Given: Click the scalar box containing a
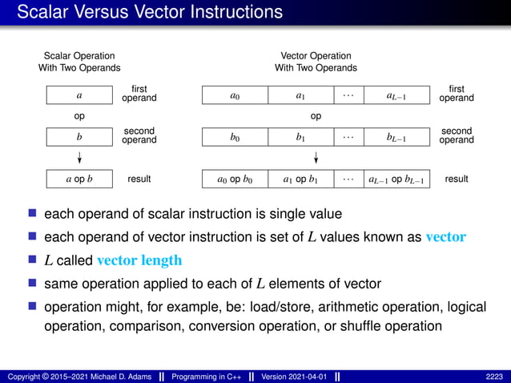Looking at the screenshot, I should (x=79, y=96).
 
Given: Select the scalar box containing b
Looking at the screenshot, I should (x=79, y=137).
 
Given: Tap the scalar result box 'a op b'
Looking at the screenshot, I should (x=79, y=179).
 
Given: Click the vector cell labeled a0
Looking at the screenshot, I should (x=234, y=96).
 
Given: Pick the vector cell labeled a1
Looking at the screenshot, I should (x=300, y=96).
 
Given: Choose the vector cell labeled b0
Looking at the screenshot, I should (x=234, y=137).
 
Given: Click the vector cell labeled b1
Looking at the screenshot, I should (x=300, y=137).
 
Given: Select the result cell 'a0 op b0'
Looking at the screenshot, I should (x=234, y=179).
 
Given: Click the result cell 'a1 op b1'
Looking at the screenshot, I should (x=300, y=179).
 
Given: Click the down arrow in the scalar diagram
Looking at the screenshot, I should (x=79, y=157).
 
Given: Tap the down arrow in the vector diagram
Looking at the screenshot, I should (x=316, y=157).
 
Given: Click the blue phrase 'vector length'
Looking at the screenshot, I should (x=139, y=260).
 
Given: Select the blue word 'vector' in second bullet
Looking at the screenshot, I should (x=445, y=237).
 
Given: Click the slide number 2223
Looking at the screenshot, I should (x=494, y=377).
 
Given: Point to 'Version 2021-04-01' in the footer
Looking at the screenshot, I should (x=295, y=377).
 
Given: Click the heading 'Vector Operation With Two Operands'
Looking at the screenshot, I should (x=316, y=62).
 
